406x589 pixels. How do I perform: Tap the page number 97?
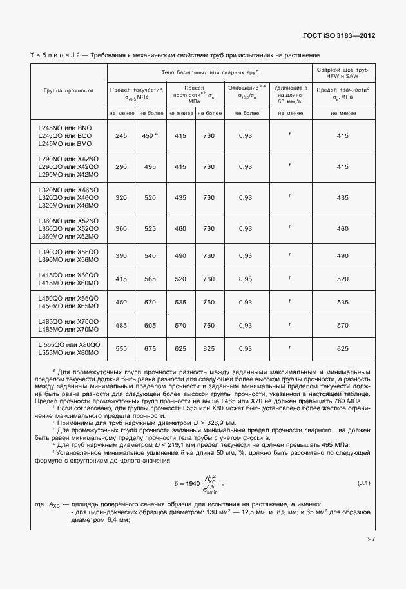pos(371,539)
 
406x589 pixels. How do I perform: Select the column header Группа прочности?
pos(69,91)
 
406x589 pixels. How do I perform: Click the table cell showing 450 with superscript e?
pos(150,136)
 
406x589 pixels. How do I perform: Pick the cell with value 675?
pos(150,348)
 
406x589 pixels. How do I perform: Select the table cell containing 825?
pos(209,348)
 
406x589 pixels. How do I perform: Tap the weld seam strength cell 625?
pos(343,348)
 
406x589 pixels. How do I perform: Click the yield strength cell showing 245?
pos(121,136)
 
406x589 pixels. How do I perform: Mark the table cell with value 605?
pos(150,326)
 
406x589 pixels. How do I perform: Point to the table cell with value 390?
pos(121,256)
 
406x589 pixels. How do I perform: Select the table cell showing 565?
pos(150,279)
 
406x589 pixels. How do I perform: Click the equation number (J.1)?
pos(364,483)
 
